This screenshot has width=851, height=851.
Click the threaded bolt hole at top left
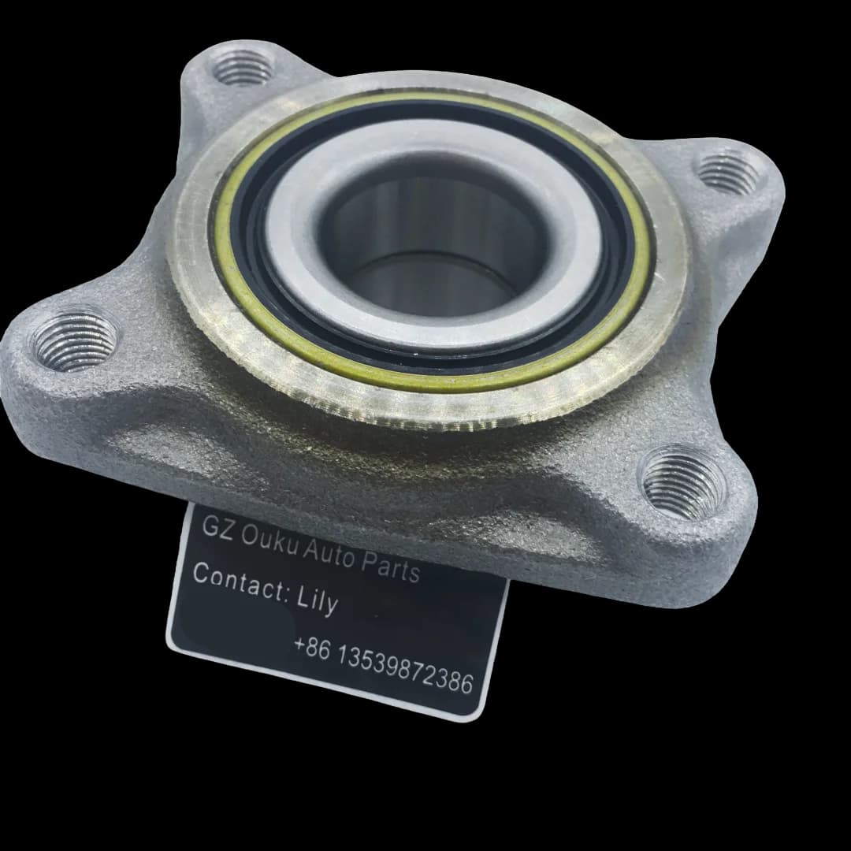coord(242,67)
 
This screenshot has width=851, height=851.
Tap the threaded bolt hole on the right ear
coord(729,173)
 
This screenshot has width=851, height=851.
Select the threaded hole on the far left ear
coord(75,341)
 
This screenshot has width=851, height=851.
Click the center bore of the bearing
coord(432,243)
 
